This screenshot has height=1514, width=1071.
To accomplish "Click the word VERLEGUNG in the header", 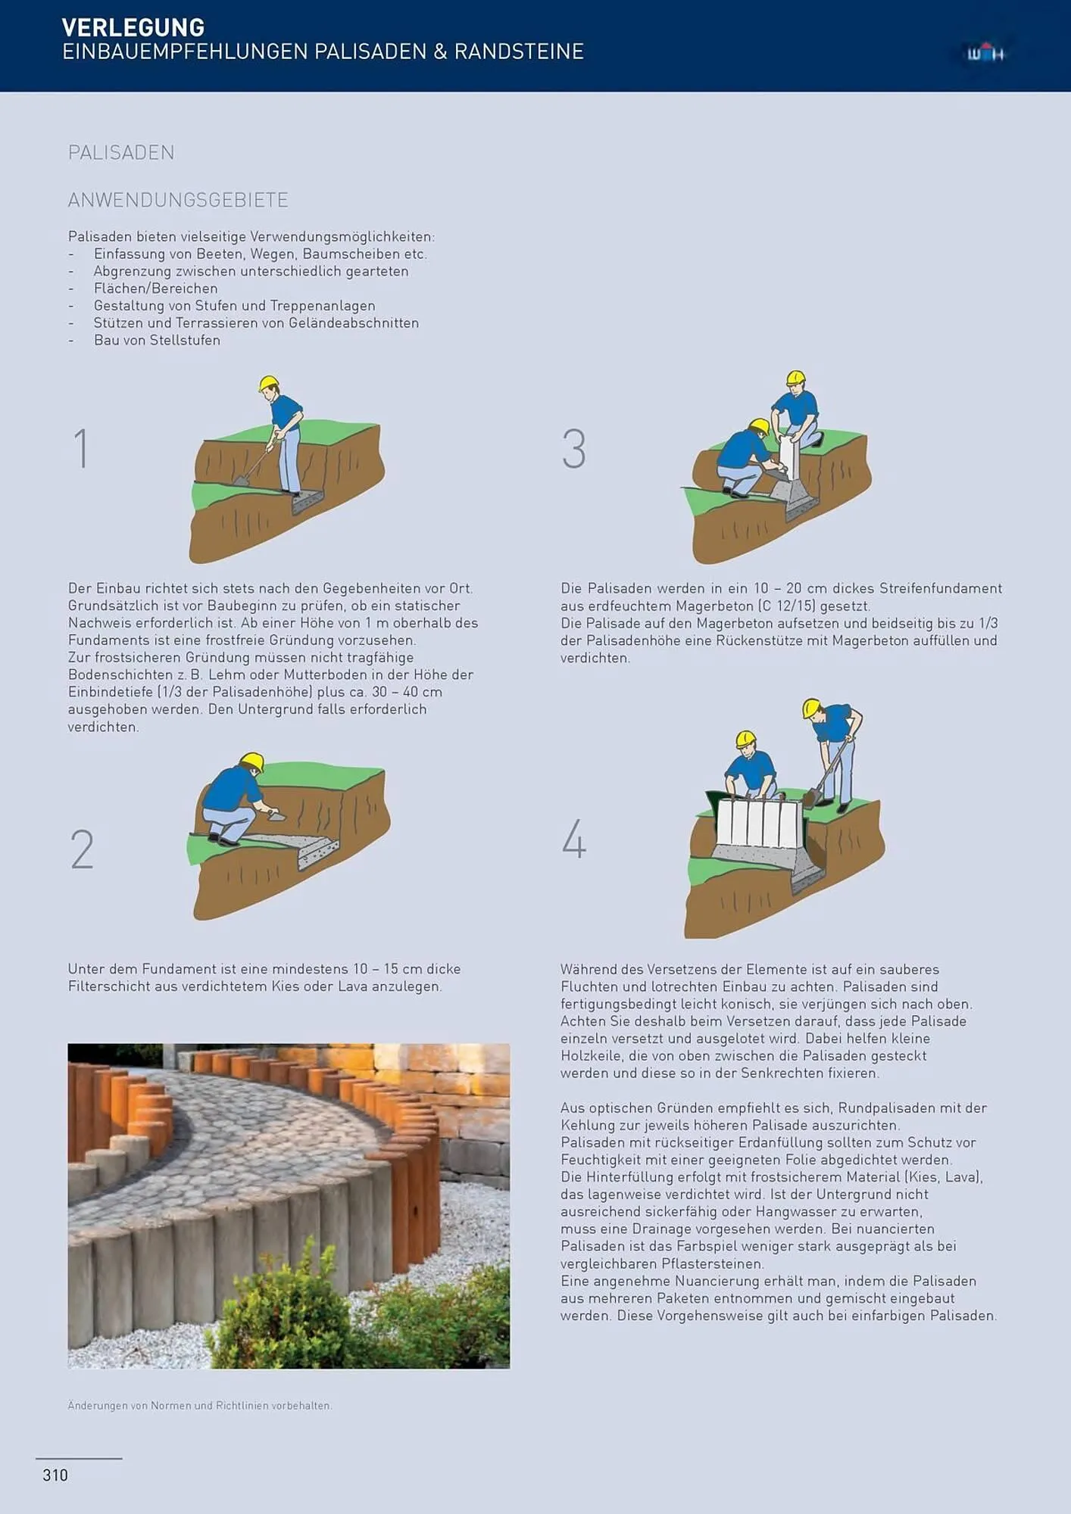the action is click(x=133, y=27).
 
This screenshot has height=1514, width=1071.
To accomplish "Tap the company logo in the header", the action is click(x=985, y=53).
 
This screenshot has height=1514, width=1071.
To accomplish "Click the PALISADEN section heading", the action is click(x=121, y=153).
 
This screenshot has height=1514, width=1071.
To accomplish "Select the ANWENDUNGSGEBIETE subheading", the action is click(x=178, y=200).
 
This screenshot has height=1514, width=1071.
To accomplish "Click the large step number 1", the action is click(x=81, y=448).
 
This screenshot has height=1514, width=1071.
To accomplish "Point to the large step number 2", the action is click(x=82, y=849).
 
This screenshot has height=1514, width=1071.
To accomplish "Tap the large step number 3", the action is click(x=574, y=448).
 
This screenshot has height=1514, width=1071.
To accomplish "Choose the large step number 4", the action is click(x=574, y=839).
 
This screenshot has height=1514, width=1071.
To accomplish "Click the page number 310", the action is click(x=55, y=1475).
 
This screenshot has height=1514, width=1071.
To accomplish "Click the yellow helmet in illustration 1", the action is click(x=268, y=382).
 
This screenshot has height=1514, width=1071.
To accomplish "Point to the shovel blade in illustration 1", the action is click(x=242, y=480).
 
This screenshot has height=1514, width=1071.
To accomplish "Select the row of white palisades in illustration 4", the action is click(x=757, y=824).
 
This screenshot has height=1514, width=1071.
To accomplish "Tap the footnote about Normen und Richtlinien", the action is click(x=200, y=1406).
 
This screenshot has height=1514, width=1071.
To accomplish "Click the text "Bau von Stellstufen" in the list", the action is click(x=157, y=340).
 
